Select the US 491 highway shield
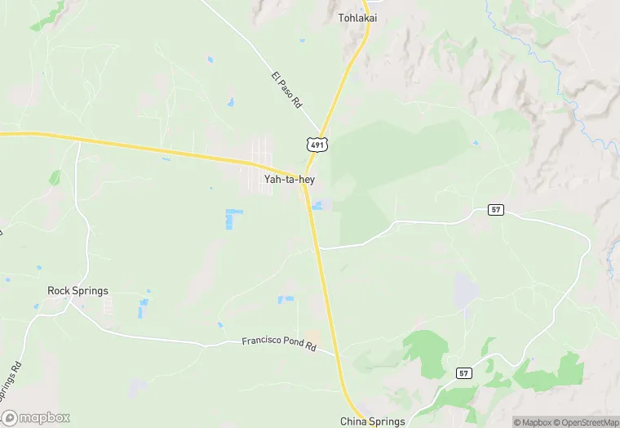pyautogui.click(x=317, y=145)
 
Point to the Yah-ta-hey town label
pyautogui.click(x=290, y=180)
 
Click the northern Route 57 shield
pyautogui.click(x=496, y=210)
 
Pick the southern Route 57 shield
pyautogui.click(x=463, y=372)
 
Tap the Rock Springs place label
pyautogui.click(x=77, y=291)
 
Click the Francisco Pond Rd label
pyautogui.click(x=279, y=344)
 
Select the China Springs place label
pyautogui.click(x=372, y=421)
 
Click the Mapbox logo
pyautogui.click(x=36, y=417)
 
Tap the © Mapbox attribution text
pyautogui.click(x=532, y=422)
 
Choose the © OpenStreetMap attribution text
pyautogui.click(x=585, y=422)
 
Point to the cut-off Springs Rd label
pyautogui.click(x=11, y=377)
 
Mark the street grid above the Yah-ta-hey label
pyautogui.click(x=263, y=154)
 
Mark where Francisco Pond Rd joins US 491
pyautogui.click(x=335, y=354)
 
